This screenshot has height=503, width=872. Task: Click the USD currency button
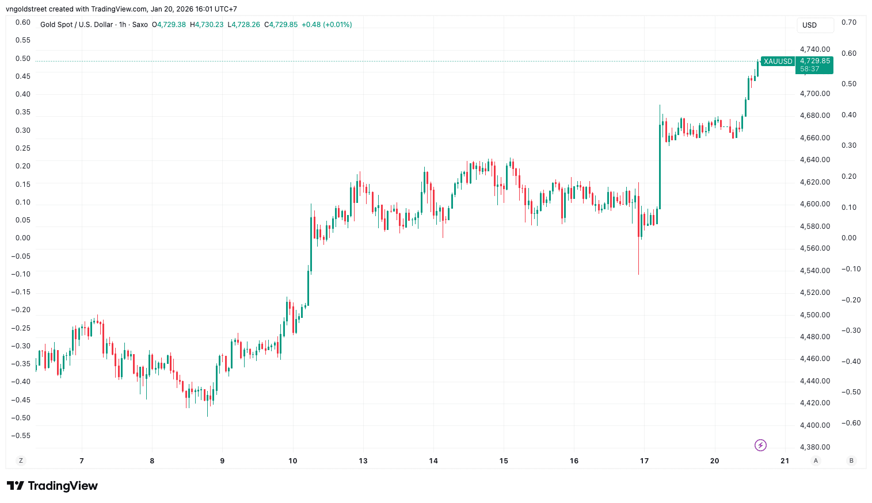[814, 25]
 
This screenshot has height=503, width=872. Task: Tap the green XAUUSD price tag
[778, 62]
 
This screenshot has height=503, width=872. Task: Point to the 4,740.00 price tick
[815, 49]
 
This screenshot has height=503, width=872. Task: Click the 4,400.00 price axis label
[815, 425]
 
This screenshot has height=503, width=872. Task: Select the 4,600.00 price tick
[815, 204]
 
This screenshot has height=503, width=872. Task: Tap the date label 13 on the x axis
[363, 460]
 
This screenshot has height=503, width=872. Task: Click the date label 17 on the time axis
[644, 460]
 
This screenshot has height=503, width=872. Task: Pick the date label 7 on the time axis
[82, 460]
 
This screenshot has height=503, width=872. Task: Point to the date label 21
[785, 460]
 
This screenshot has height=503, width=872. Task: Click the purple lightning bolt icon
[760, 445]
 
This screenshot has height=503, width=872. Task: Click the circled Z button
[21, 460]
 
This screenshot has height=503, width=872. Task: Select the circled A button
[815, 460]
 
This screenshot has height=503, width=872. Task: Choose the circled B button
[851, 460]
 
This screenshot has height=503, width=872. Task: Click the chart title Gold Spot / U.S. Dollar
[77, 25]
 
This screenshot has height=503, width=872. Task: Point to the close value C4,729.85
[281, 25]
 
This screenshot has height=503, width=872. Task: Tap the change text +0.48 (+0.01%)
[326, 25]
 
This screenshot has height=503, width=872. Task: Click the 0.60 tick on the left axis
[23, 22]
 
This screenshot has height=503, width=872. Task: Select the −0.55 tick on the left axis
[21, 436]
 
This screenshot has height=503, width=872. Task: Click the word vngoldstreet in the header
[26, 9]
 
